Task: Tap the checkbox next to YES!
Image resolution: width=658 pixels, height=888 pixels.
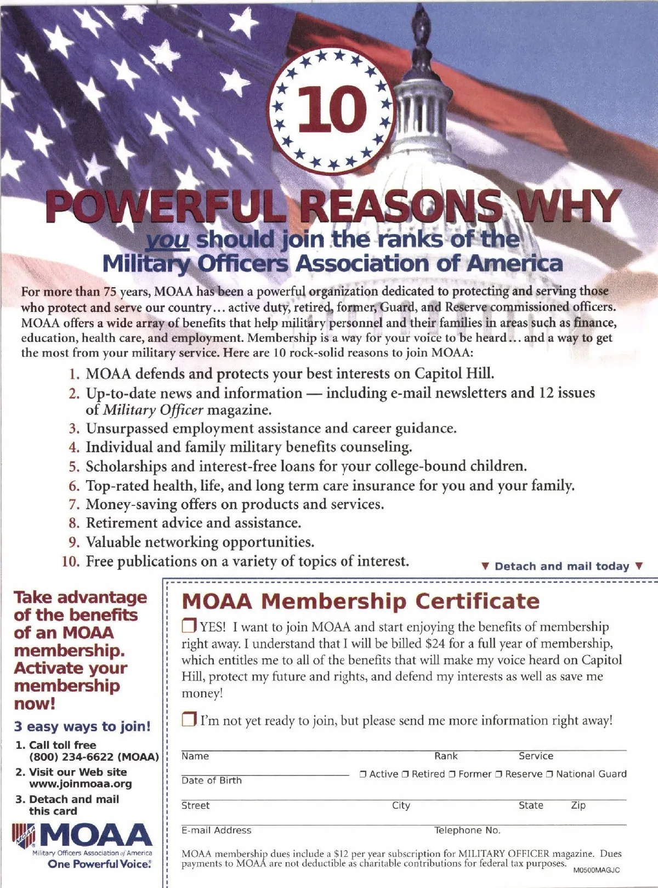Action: coord(189,626)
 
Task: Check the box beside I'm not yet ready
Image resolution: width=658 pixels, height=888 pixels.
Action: coord(189,720)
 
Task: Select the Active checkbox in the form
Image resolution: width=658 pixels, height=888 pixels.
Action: coord(363,775)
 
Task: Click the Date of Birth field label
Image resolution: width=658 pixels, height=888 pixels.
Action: coord(212,781)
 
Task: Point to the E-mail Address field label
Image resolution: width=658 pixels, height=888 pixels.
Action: coord(217,830)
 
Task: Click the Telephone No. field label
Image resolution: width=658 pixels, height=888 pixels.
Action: coord(467,830)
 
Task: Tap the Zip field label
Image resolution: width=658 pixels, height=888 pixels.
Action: coord(578,805)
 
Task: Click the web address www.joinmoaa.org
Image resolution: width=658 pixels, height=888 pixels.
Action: coord(81,784)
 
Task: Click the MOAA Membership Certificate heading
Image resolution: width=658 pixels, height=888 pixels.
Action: coord(360,601)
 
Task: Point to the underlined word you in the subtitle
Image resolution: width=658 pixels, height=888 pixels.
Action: coord(168,240)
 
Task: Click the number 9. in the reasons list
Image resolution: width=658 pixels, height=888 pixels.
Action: coord(74,542)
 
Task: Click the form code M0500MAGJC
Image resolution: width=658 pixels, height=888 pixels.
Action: coord(597,870)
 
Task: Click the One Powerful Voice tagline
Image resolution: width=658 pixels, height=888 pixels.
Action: coord(99,864)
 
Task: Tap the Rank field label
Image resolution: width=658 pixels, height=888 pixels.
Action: coord(446,756)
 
